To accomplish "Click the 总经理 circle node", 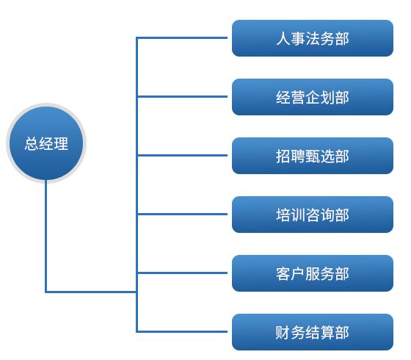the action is [46, 143].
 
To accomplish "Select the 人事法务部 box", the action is [313, 38].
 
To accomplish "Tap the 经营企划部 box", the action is [313, 97].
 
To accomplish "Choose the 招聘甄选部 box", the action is [313, 156].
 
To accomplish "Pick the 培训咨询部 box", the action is [313, 215].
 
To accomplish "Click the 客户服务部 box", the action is [313, 273].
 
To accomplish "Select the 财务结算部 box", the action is [313, 332].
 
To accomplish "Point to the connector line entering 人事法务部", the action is [182, 38].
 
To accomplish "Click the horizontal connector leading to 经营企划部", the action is [182, 97].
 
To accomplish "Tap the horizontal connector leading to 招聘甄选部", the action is [182, 156].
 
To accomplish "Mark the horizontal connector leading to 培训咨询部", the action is [182, 215].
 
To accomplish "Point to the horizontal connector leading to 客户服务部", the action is [182, 273].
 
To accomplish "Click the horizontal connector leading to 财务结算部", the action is [182, 332].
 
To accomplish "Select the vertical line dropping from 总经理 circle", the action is [46, 236].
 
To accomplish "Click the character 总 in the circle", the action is [32, 143].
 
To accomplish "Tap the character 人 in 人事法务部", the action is [283, 38].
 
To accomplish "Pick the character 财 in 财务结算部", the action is [283, 332].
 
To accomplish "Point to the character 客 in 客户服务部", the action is [283, 273].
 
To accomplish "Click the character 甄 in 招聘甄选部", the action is [313, 156].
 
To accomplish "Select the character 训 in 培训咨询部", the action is [298, 215].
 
